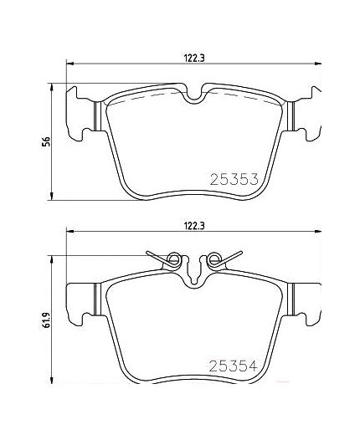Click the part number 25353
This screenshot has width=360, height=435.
[x=230, y=178]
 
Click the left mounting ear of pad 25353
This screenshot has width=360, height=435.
[x=84, y=113]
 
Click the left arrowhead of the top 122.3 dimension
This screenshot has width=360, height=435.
[x=69, y=63]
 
